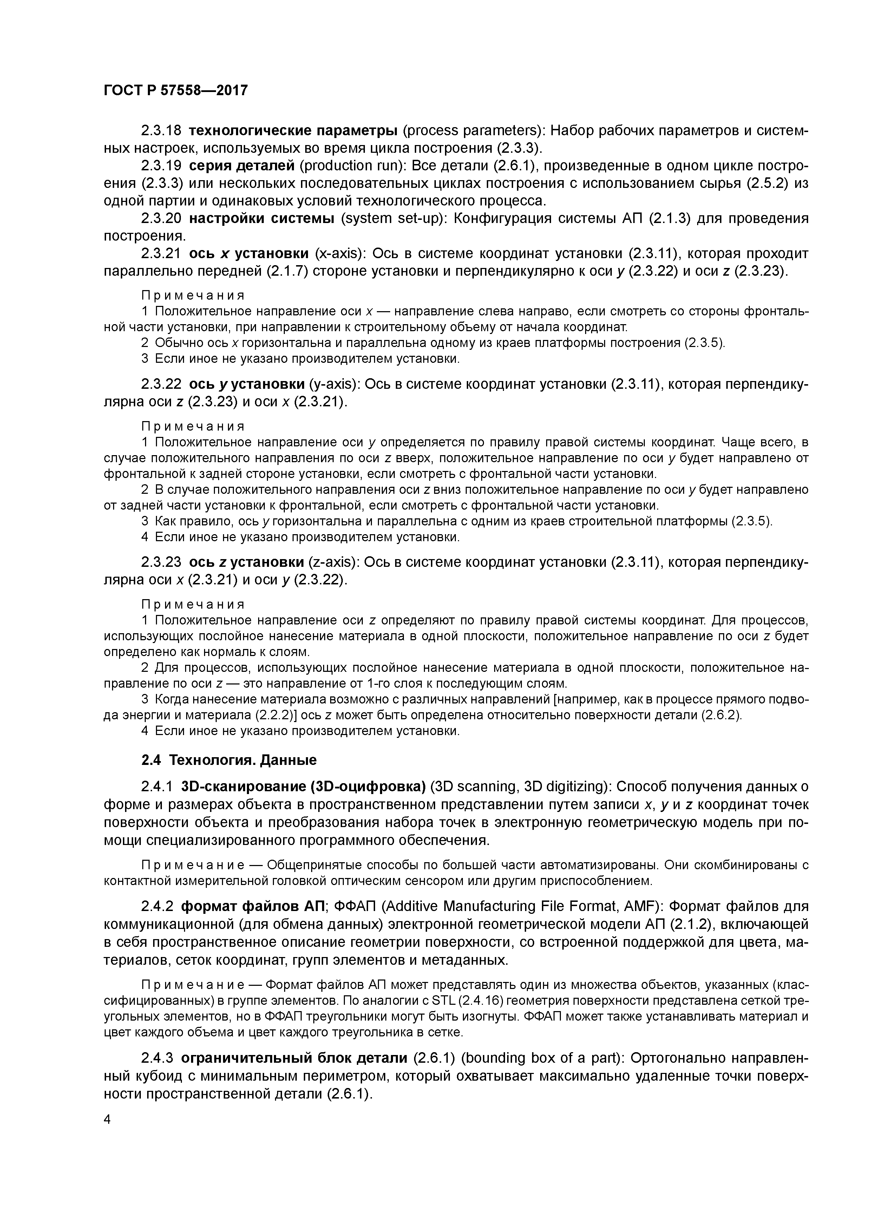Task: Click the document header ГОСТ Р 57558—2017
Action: pos(176,91)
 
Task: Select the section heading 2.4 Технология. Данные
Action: pos(229,760)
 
